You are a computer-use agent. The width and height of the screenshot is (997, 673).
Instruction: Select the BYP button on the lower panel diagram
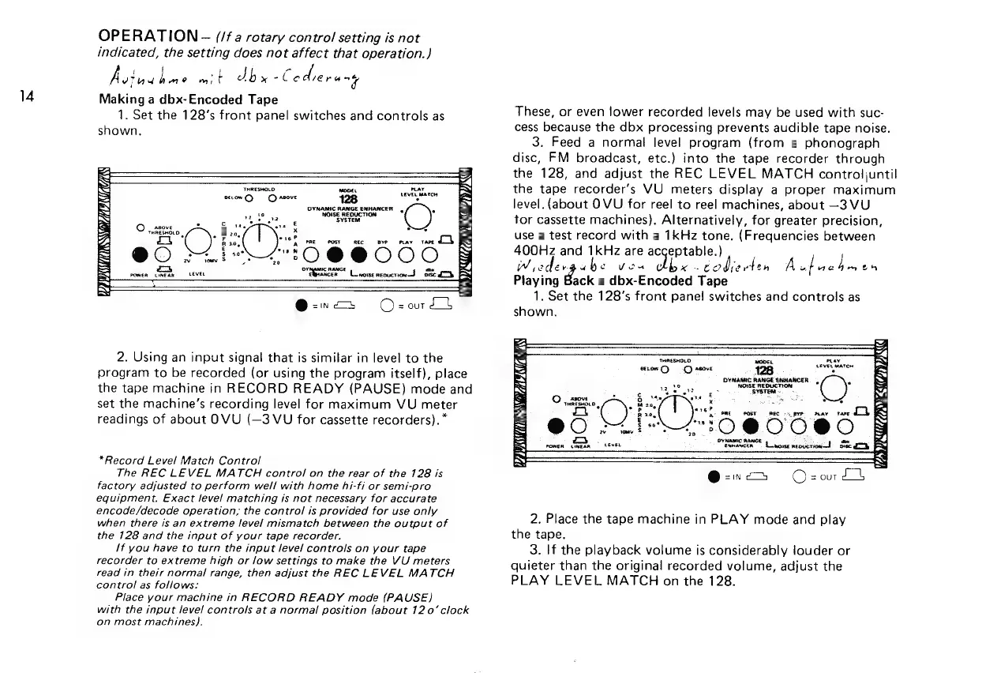779,430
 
